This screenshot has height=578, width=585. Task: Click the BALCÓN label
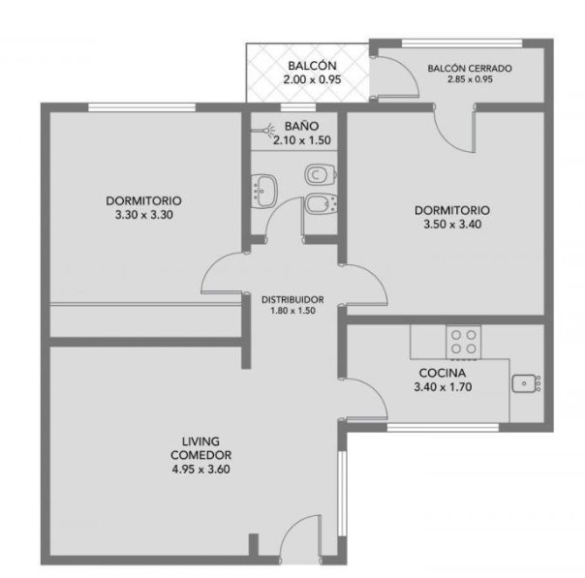click(312, 66)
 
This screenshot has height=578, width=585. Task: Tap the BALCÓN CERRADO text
click(470, 69)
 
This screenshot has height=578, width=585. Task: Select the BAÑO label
click(301, 126)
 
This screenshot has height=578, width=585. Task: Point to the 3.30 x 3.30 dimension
click(144, 215)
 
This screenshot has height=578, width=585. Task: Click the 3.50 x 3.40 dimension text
click(452, 225)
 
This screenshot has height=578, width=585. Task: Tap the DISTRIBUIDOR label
click(292, 300)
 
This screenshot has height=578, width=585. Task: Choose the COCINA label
click(443, 373)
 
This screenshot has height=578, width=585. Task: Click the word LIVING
click(200, 441)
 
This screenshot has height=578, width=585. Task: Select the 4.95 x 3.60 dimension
click(200, 470)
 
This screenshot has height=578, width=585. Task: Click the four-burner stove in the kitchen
click(463, 342)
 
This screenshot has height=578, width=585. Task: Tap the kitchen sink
click(526, 383)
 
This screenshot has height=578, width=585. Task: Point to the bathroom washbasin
click(263, 190)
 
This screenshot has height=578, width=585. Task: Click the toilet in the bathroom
click(321, 174)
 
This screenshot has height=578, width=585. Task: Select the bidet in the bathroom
click(321, 204)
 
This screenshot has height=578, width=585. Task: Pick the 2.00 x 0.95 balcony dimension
click(312, 79)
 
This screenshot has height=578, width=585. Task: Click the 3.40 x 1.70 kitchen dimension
click(443, 387)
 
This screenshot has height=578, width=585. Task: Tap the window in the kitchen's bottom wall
click(443, 427)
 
